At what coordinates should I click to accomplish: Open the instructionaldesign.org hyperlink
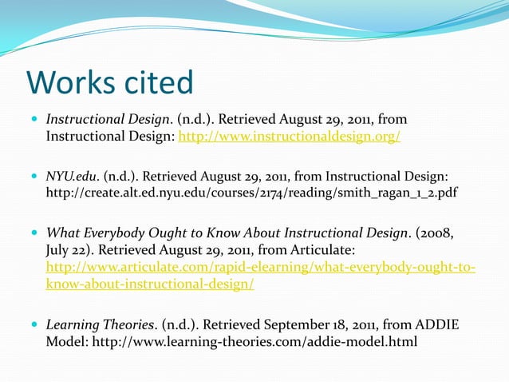(289, 137)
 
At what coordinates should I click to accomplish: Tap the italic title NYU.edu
(72, 175)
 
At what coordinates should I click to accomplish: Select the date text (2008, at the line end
(438, 233)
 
